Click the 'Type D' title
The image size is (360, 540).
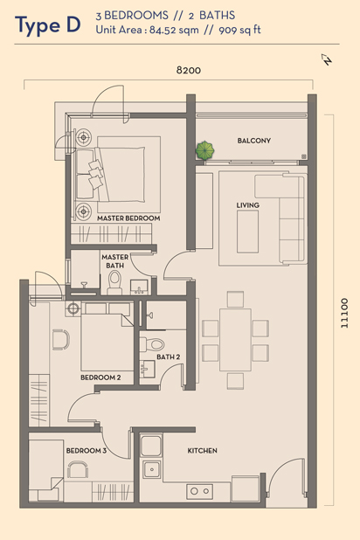pos(48,26)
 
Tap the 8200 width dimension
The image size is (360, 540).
pos(189,70)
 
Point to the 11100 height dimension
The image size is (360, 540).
pos(344,313)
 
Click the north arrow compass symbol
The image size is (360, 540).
pos(327,59)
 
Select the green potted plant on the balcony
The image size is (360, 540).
pos(205,150)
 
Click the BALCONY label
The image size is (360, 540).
pos(254,141)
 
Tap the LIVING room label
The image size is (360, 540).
pos(247,205)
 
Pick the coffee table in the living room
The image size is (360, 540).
pos(247,232)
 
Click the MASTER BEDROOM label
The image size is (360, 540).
pos(128,218)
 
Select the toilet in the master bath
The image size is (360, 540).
pos(114,282)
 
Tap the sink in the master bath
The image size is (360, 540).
pos(139,287)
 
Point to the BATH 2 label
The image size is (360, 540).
pos(168,357)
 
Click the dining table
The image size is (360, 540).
pos(235,340)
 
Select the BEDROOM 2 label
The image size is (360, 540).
pos(100,377)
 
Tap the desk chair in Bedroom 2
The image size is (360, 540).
pos(61,340)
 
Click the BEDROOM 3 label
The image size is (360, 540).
pos(87,451)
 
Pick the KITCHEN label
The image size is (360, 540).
pos(202,451)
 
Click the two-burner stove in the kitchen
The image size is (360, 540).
pos(200,491)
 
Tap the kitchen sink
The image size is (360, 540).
pos(151,468)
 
